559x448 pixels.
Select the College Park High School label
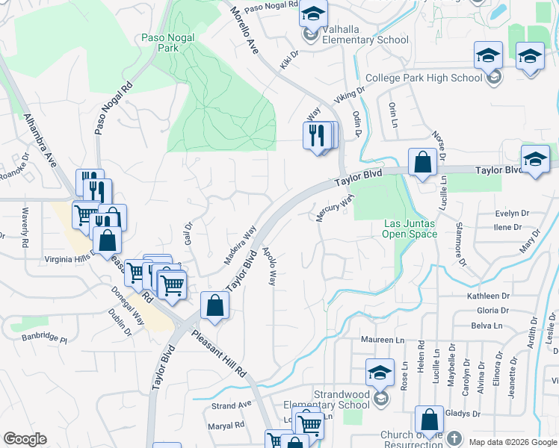coord(424,78)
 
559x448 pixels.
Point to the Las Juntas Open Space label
coord(410,228)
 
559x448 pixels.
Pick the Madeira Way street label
coord(241,246)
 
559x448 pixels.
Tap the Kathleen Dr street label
coord(488,296)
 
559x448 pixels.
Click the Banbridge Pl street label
coord(44,340)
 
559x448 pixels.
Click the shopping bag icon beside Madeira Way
coord(215,305)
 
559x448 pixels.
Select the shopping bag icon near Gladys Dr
coord(429,420)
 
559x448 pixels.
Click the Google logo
coord(25,439)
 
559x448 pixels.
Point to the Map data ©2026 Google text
coord(513,442)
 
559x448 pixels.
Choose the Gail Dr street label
coord(189,235)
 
